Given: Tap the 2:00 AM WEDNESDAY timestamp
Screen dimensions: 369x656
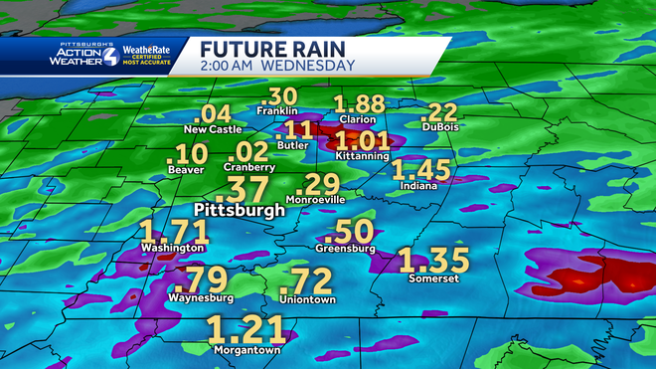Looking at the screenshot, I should [276, 66].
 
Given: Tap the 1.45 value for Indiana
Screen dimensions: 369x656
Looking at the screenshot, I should [421, 170].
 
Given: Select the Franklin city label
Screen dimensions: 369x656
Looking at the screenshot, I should [278, 111].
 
